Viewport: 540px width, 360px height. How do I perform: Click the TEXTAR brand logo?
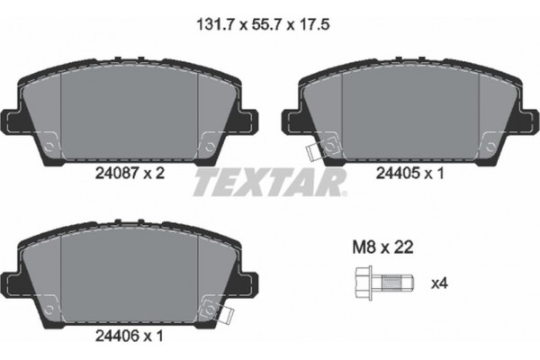(x=270, y=183)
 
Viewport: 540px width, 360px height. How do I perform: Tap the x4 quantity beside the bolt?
(x=438, y=283)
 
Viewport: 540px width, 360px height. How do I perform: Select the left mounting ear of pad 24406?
(x=15, y=280)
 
